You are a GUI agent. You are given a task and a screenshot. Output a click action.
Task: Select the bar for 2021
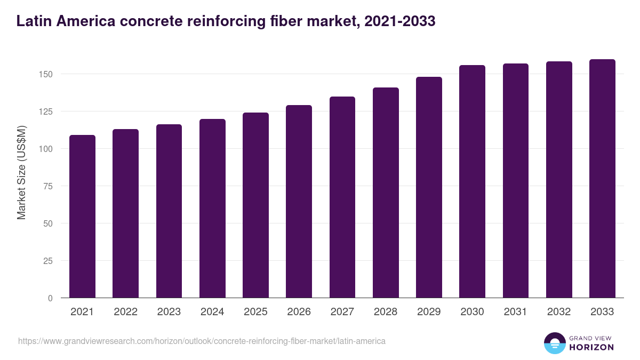[82, 217]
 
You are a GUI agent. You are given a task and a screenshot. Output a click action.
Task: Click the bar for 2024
[212, 209]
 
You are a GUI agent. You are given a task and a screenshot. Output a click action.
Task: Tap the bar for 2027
[342, 197]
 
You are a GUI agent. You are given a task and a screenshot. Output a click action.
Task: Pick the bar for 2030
[472, 181]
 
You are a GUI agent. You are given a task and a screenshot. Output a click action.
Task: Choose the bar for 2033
[602, 179]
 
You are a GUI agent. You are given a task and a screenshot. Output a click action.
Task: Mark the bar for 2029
[429, 187]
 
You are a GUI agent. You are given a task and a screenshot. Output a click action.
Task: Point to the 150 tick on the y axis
[46, 74]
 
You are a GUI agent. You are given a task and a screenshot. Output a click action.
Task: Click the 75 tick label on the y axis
[49, 186]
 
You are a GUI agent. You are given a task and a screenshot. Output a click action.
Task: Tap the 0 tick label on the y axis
[51, 298]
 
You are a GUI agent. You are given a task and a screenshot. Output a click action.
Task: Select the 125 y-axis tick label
[46, 111]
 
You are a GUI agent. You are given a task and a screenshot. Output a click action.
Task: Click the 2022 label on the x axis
[125, 312]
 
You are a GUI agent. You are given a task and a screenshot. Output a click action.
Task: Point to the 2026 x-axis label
[299, 312]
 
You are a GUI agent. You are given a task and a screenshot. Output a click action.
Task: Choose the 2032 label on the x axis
[559, 312]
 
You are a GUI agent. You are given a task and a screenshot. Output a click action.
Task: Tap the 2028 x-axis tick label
[386, 312]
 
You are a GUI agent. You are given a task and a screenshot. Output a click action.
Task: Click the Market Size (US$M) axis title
[21, 172]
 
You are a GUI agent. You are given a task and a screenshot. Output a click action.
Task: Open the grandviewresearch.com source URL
[202, 341]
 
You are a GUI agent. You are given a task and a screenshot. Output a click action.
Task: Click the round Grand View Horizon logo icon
[554, 343]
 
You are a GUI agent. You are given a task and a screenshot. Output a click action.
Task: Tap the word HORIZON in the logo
[591, 347]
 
